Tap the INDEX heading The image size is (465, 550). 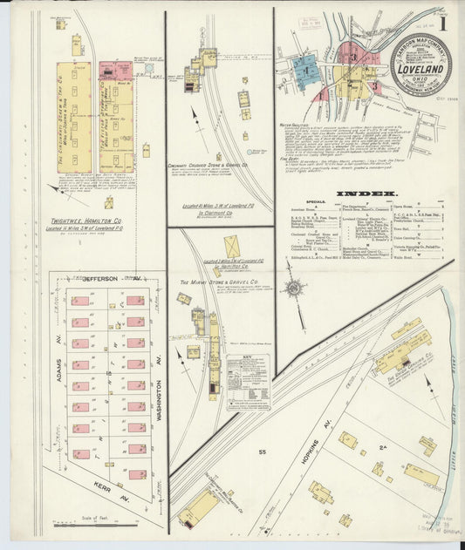pos(372,193)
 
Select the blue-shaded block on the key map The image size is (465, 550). pos(305,67)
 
